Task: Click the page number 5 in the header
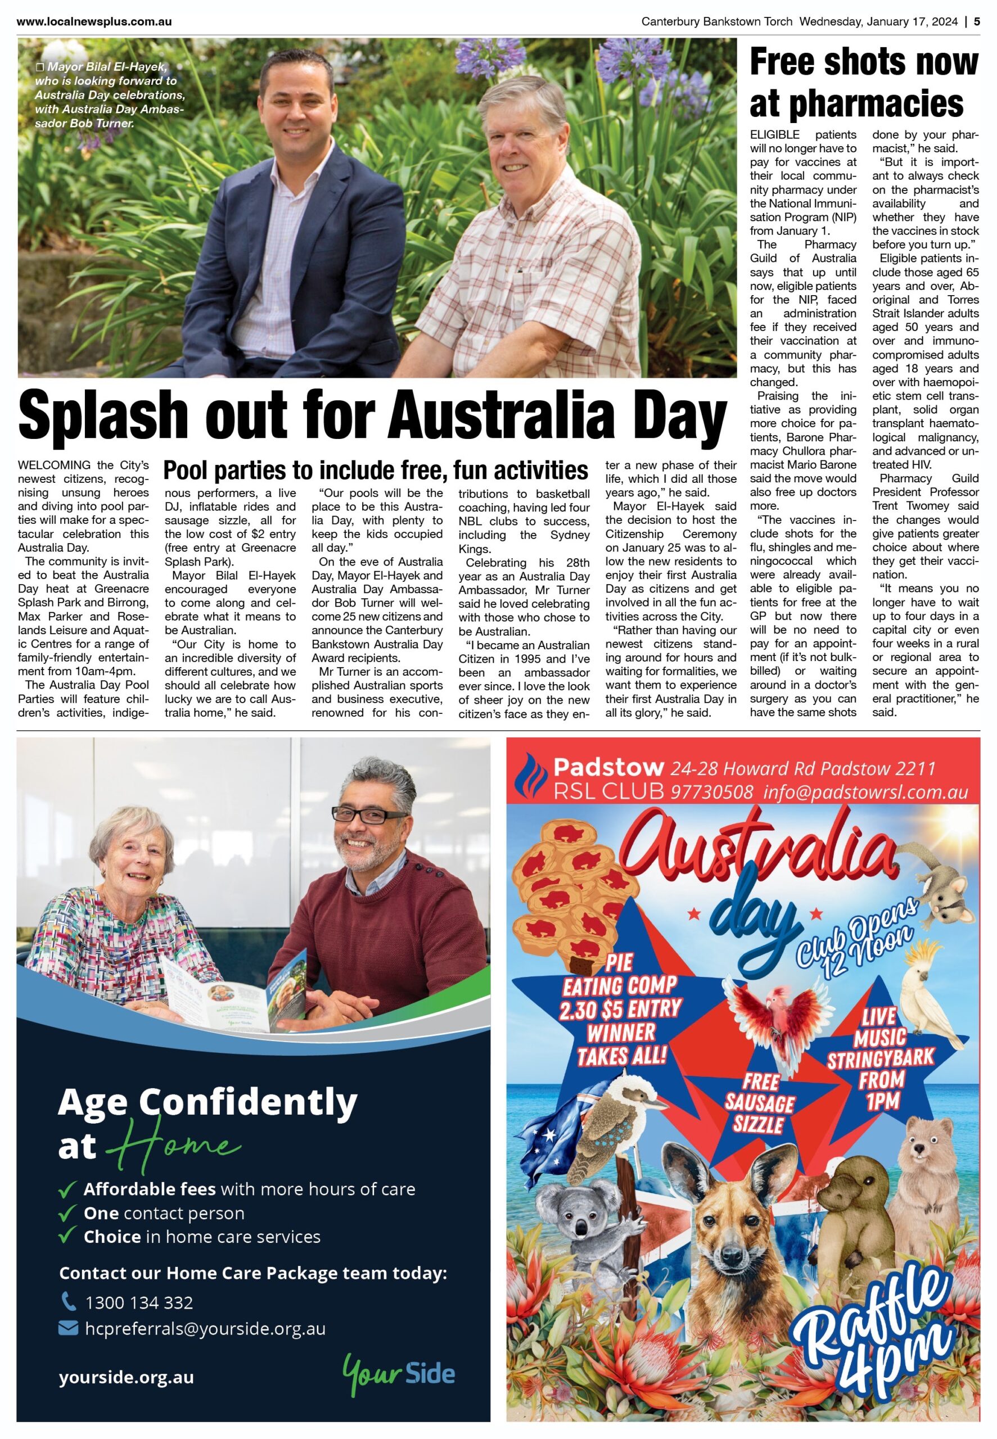tap(977, 21)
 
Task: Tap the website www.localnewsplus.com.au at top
tap(94, 21)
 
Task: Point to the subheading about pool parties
tap(376, 469)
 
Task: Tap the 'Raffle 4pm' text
tap(885, 1349)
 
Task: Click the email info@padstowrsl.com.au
tap(866, 792)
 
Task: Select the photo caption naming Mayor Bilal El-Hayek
tap(110, 95)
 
